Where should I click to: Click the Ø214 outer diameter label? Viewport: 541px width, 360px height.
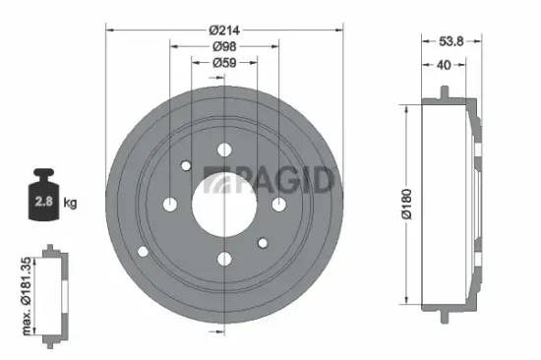point(223,29)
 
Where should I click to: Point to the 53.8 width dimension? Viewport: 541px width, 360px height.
point(451,42)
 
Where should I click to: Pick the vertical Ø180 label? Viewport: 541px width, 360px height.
point(404,202)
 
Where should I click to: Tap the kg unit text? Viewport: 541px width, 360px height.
point(69,203)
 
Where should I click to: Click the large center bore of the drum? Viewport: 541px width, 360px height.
point(223,204)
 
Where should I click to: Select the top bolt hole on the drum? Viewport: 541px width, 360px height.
point(223,150)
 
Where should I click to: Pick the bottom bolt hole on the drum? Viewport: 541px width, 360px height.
point(223,259)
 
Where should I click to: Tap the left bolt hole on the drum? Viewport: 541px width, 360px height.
point(169,204)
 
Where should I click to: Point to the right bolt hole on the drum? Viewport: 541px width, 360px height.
point(278,204)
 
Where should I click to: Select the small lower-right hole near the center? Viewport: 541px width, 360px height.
point(263,243)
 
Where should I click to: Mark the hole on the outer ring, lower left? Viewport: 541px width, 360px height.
point(144,252)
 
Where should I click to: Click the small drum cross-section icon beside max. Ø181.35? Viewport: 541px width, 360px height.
point(56,294)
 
